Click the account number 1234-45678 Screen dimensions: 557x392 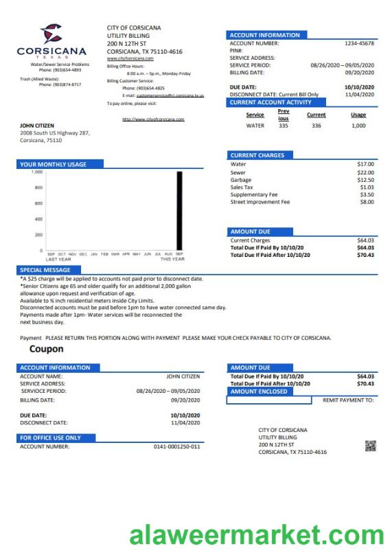tap(359, 43)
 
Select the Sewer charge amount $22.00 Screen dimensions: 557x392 tap(365, 172)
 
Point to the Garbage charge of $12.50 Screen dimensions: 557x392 tap(365, 180)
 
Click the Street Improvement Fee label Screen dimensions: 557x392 tap(260, 202)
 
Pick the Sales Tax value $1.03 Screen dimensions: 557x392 tap(367, 187)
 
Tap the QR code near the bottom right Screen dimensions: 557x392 tap(371, 446)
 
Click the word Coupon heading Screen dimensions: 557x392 tap(46, 349)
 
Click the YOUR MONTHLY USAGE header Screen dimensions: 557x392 tap(53, 164)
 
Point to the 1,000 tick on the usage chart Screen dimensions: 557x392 tap(37, 172)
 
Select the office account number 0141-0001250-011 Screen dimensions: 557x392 tap(176, 446)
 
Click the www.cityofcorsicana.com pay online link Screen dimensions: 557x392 tap(153, 119)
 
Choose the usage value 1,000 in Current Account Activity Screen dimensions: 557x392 tap(358, 126)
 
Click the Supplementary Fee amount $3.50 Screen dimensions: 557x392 tap(367, 195)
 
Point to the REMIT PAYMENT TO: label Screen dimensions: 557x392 tap(348, 400)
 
